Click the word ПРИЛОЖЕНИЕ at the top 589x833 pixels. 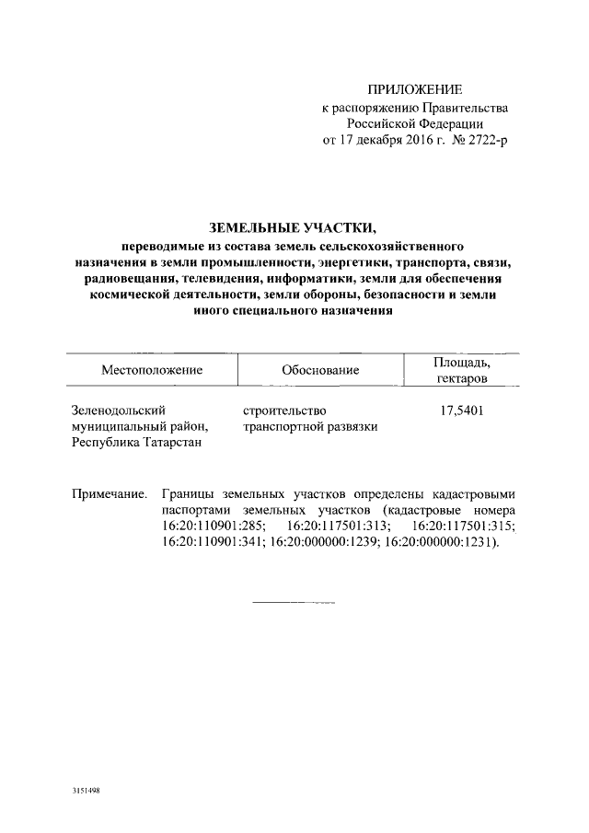(x=414, y=90)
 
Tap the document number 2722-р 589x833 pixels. (x=485, y=141)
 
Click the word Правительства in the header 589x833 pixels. (x=462, y=108)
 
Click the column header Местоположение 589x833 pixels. (x=153, y=370)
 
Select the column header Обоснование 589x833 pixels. (x=321, y=370)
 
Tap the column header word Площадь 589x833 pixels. (x=461, y=363)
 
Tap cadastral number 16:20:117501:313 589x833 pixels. (x=339, y=526)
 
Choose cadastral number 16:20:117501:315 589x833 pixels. (x=464, y=526)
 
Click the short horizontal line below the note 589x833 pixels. (x=294, y=603)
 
